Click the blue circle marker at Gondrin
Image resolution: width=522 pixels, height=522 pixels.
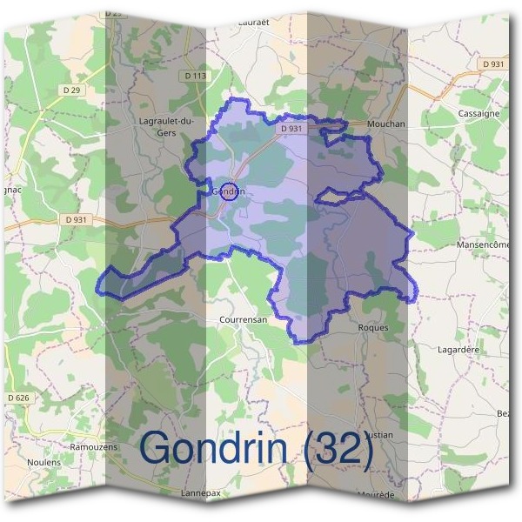[229, 191]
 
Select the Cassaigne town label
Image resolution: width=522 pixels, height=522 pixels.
[478, 114]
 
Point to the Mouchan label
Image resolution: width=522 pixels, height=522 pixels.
[387, 124]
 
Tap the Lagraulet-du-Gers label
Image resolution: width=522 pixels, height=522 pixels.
[167, 127]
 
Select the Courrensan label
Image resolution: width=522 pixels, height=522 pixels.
[241, 319]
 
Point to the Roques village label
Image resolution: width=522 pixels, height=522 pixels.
[373, 328]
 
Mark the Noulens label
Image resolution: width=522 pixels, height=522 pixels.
[43, 462]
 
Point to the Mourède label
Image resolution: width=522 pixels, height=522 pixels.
[375, 494]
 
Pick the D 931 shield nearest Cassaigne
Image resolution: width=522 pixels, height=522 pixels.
[492, 64]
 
